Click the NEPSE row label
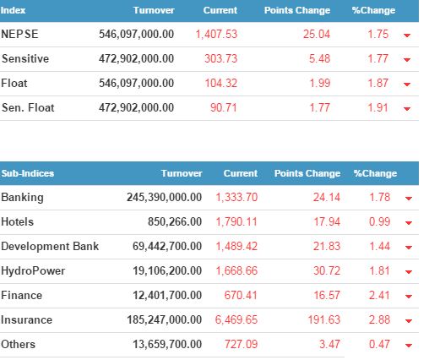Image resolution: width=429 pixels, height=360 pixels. click(x=19, y=34)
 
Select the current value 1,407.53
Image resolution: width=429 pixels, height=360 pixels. click(x=216, y=35)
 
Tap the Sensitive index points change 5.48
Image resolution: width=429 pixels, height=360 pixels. click(x=319, y=58)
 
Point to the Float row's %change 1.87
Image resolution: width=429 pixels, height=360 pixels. click(x=378, y=83)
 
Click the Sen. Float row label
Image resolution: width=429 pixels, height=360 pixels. click(x=28, y=107)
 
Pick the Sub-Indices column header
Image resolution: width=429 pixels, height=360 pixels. click(x=28, y=173)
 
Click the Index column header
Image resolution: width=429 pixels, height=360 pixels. click(x=13, y=10)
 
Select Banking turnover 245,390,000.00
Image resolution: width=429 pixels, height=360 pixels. click(x=164, y=197)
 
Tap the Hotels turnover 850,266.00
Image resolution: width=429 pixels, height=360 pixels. click(x=175, y=221)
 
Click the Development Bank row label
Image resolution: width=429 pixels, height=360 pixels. click(x=50, y=246)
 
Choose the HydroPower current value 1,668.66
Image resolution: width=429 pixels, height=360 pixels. click(x=236, y=270)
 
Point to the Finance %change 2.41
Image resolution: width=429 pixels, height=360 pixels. click(x=379, y=295)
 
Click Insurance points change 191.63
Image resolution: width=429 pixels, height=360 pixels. click(x=324, y=319)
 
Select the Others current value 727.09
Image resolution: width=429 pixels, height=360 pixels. click(x=241, y=344)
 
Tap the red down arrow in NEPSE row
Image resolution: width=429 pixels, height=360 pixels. click(x=407, y=35)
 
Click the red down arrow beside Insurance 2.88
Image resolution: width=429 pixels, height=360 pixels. click(x=409, y=321)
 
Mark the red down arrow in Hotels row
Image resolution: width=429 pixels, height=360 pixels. click(x=409, y=223)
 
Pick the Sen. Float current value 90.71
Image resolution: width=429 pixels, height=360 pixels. click(x=224, y=107)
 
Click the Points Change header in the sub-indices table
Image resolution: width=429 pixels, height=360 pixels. click(x=307, y=173)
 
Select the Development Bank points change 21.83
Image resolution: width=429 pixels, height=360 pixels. click(x=327, y=246)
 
